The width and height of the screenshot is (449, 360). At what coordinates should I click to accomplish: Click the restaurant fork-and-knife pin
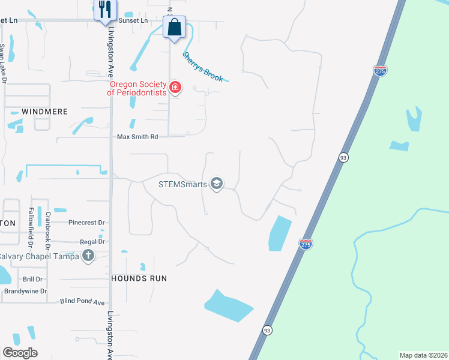tap(106, 9)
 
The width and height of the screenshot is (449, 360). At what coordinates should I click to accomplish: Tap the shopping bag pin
tap(174, 28)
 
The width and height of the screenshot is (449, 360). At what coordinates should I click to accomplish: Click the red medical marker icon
tap(175, 88)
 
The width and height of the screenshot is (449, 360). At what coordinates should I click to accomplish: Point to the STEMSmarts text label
tap(182, 184)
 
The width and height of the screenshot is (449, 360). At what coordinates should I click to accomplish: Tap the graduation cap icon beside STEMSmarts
tap(217, 184)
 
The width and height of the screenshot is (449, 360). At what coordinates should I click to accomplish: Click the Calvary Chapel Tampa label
tap(40, 256)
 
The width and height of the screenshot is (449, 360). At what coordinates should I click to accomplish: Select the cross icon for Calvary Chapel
tap(88, 256)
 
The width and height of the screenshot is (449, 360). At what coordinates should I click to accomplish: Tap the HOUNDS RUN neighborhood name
tap(139, 278)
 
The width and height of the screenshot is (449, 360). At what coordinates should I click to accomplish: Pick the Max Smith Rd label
tap(137, 137)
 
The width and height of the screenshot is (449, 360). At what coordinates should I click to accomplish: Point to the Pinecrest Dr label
tap(86, 223)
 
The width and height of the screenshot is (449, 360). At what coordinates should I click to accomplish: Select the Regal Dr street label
tap(92, 242)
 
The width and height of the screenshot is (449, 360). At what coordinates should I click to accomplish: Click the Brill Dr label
tap(32, 280)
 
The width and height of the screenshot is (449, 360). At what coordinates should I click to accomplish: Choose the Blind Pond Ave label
tap(82, 302)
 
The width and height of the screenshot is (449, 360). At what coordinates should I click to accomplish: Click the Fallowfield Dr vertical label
tap(31, 227)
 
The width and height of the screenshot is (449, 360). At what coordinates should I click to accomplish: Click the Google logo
tap(20, 353)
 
